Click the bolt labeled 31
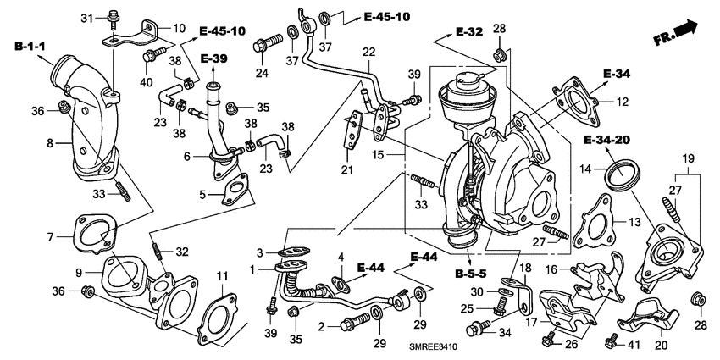click(114, 19)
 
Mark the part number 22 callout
click(368, 53)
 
